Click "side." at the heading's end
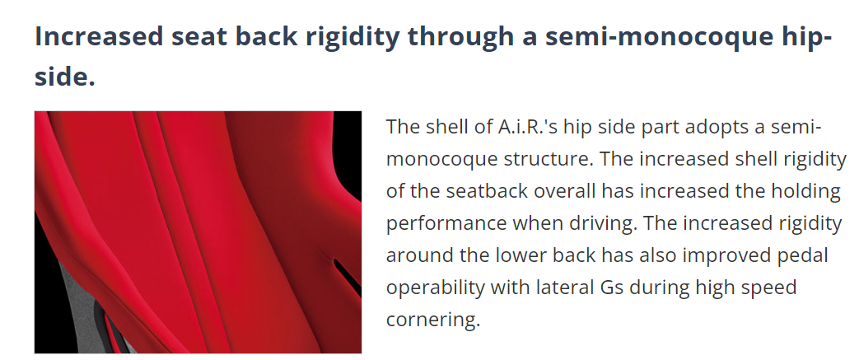coord(64,76)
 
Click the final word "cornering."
coord(432,320)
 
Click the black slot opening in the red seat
coord(346,276)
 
